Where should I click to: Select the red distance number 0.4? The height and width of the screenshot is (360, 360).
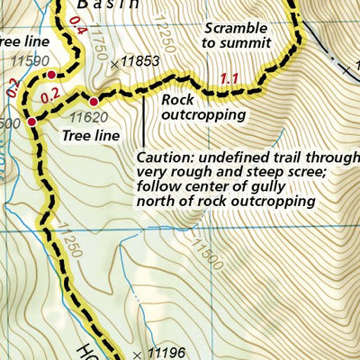[x=76, y=32]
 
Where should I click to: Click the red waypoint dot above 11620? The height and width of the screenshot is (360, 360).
[x=93, y=102]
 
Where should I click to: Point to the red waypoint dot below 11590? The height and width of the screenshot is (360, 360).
[x=52, y=75]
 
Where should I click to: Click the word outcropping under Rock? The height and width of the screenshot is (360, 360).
[x=203, y=114]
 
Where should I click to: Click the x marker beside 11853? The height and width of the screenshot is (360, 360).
[x=113, y=63]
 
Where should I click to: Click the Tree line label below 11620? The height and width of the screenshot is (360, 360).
[x=91, y=135]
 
